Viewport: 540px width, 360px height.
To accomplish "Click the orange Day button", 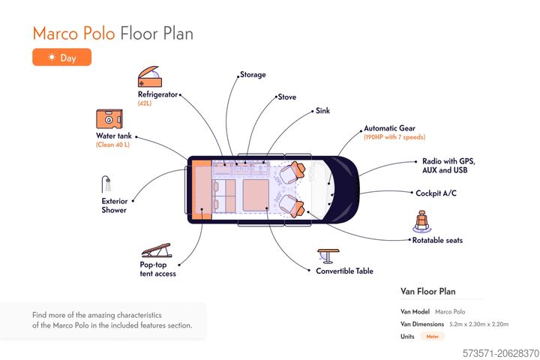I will [x=61, y=57].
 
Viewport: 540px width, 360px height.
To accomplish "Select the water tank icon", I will [x=109, y=119].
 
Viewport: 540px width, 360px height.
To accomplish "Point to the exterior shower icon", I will [x=106, y=184].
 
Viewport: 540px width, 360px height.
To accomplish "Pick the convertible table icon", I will [x=328, y=255].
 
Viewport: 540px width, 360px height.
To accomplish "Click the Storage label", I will [x=253, y=75].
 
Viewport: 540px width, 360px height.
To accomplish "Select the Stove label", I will [x=286, y=97].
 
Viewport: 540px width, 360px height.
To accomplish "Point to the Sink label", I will [x=322, y=111].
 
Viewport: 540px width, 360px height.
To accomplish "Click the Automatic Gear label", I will [x=389, y=128].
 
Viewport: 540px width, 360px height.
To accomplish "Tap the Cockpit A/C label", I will [x=436, y=193].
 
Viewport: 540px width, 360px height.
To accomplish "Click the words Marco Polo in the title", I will [x=74, y=34].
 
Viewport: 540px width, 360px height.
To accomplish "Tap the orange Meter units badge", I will [x=433, y=337].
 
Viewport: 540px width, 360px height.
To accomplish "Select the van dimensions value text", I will [x=478, y=324].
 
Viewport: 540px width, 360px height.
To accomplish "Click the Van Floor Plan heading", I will [x=428, y=292].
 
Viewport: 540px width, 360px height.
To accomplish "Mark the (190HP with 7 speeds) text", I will [x=394, y=138].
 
